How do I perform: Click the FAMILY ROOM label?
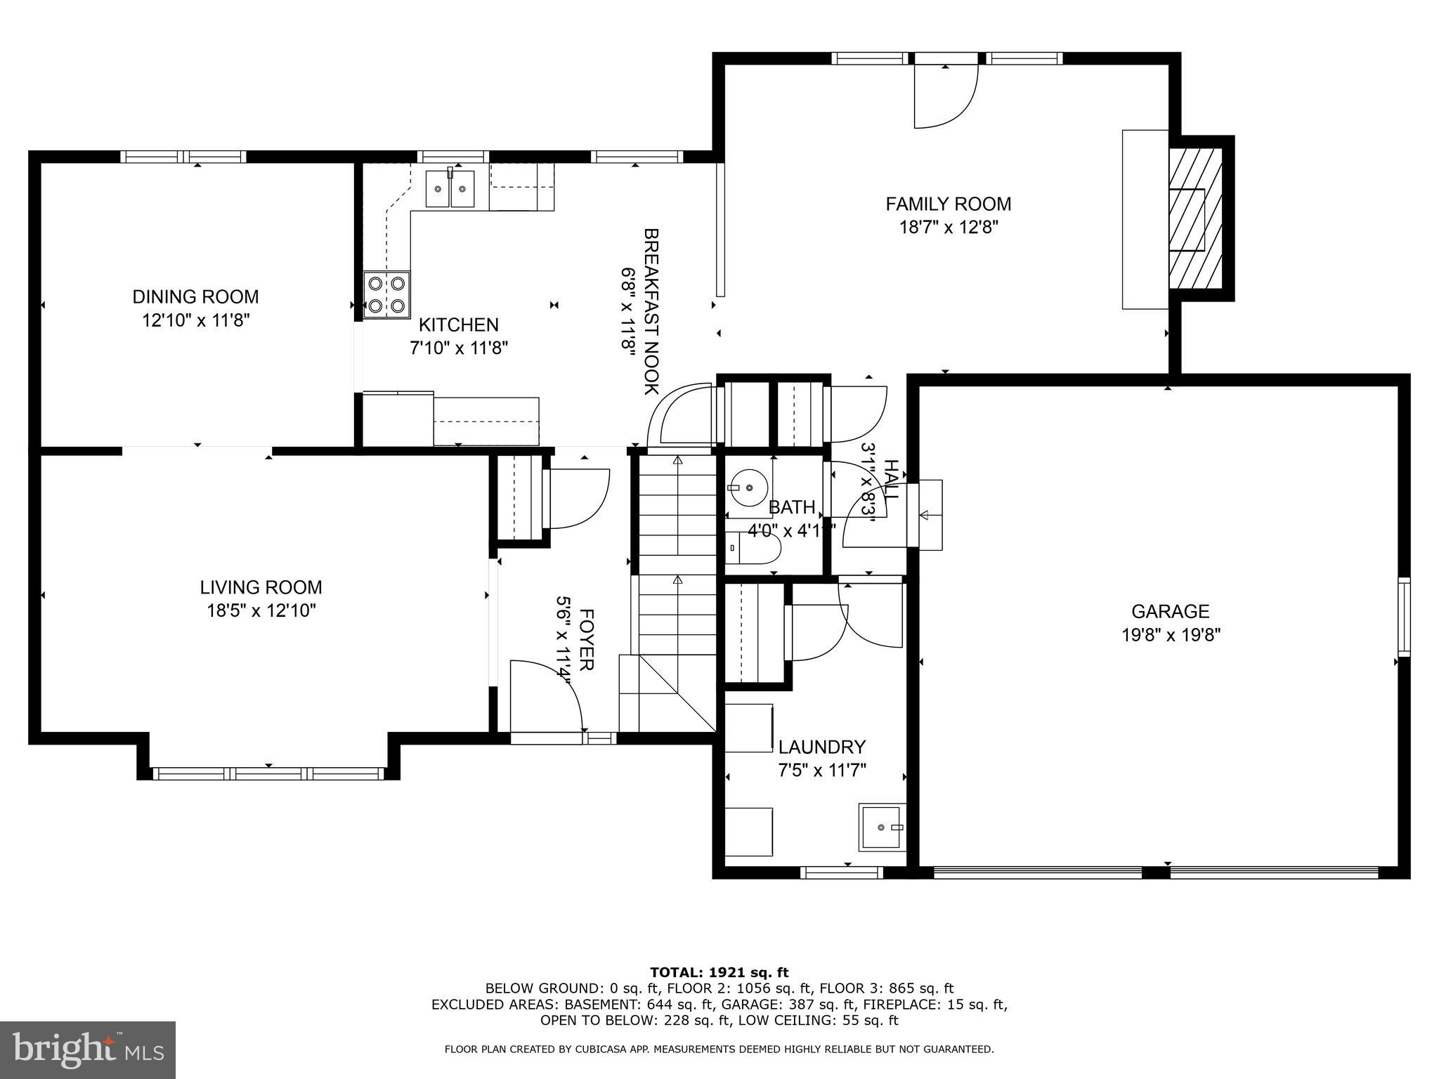tap(948, 204)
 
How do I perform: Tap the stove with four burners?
tap(386, 294)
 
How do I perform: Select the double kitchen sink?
tap(450, 188)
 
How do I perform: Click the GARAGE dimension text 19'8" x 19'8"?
tap(1171, 635)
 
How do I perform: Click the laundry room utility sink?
tap(881, 828)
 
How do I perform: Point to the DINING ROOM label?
tap(195, 296)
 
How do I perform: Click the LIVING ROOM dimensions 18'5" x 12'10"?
tap(261, 610)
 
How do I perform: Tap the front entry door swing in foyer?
tap(545, 695)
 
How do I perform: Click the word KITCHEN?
tap(459, 325)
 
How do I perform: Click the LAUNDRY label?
tap(821, 747)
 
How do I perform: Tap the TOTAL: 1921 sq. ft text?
tap(719, 972)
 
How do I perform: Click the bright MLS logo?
tap(88, 1050)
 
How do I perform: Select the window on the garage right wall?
tap(1403, 616)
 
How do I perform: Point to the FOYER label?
tap(586, 639)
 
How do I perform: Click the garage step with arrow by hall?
tap(927, 515)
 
